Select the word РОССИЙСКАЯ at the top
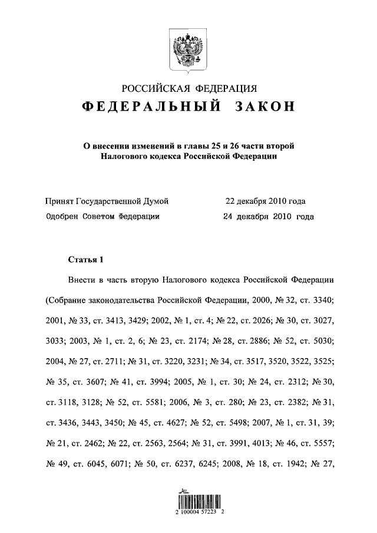(x=154, y=89)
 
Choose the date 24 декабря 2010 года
(x=269, y=216)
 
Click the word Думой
(x=156, y=201)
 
